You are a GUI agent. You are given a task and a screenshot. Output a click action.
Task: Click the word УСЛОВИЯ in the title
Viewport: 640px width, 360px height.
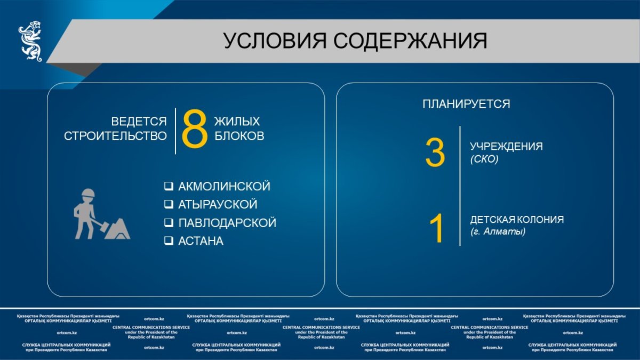(275, 41)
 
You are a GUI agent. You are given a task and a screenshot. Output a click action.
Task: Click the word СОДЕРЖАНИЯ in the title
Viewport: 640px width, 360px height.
(410, 41)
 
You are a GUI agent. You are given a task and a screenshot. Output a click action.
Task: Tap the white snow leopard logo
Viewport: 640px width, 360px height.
(30, 41)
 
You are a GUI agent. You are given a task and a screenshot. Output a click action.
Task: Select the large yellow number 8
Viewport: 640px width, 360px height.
(195, 129)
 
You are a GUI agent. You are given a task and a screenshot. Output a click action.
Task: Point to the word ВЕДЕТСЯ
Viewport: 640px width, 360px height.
(139, 122)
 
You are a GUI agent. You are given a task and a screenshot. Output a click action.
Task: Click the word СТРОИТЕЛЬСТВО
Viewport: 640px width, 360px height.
(115, 136)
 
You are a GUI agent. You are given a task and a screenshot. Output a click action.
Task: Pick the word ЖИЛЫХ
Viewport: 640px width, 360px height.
(237, 122)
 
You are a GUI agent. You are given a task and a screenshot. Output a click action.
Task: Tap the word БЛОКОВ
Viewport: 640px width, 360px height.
(239, 136)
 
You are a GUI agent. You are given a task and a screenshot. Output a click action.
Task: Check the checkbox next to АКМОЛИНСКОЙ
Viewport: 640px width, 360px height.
(169, 186)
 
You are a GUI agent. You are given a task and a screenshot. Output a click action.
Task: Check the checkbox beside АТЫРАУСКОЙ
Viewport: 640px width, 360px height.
(169, 204)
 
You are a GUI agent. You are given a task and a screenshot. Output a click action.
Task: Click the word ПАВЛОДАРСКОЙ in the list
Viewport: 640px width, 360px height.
(227, 223)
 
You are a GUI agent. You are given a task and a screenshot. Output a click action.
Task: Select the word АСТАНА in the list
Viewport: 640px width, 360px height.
(201, 241)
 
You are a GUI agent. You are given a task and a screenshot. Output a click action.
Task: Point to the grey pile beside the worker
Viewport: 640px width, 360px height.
(118, 229)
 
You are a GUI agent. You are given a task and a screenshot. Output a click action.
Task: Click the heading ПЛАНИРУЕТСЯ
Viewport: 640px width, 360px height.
(466, 104)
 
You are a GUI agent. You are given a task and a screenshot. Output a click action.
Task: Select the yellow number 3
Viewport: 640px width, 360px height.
(435, 153)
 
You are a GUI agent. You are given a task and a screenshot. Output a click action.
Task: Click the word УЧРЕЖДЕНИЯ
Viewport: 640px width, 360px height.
(506, 146)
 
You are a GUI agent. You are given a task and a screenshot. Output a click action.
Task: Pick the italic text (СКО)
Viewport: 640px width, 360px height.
(484, 159)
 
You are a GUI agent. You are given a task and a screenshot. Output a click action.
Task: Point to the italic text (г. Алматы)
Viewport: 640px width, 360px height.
(498, 231)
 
